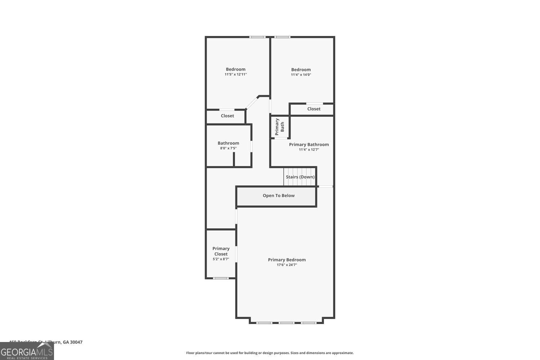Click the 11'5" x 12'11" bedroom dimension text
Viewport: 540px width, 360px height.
236,75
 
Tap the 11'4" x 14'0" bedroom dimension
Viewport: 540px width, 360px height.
301,75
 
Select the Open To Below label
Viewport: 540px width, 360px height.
279,196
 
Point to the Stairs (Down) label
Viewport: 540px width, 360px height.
300,177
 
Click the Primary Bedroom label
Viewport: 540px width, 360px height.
287,260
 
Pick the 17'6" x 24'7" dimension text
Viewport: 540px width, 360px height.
287,265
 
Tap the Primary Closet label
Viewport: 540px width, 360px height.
221,251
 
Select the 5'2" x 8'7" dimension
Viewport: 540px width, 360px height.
221,259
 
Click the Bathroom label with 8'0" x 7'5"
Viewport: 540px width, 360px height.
228,143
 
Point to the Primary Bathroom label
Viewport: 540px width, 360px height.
309,145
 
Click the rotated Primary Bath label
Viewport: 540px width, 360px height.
280,127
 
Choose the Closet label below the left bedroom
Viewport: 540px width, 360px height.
228,116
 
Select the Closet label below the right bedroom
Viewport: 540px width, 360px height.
314,109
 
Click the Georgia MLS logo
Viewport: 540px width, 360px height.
27,351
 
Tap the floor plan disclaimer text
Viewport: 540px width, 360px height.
270,353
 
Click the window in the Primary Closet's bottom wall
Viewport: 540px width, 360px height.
221,278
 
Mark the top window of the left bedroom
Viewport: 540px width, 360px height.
258,37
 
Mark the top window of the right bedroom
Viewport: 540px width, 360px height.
283,37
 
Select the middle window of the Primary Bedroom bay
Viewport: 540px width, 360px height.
287,323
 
